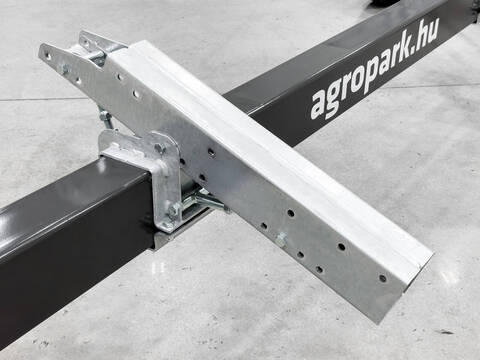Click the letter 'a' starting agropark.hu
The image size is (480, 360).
pyautogui.click(x=319, y=105)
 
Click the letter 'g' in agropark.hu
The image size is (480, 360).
pyautogui.click(x=334, y=99)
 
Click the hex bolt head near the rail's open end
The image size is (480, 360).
pyautogui.click(x=282, y=238)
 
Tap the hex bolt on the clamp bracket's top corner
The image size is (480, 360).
pyautogui.click(x=160, y=148)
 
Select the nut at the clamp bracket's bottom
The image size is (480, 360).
pyautogui.click(x=173, y=210)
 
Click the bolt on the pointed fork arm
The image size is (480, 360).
pyautogui.click(x=63, y=69)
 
